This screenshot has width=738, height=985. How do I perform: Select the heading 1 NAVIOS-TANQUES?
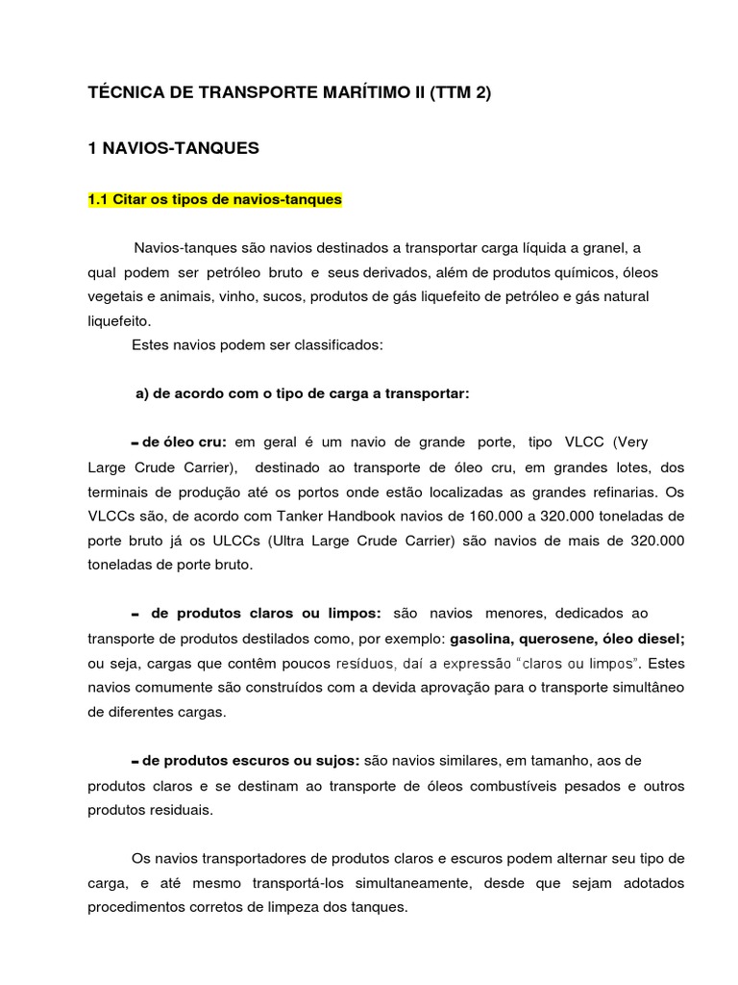click(174, 148)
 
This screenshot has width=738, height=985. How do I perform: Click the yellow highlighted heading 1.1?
click(214, 200)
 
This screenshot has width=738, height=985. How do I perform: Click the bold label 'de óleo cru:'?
click(184, 442)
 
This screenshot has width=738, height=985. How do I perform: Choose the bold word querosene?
click(568, 639)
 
